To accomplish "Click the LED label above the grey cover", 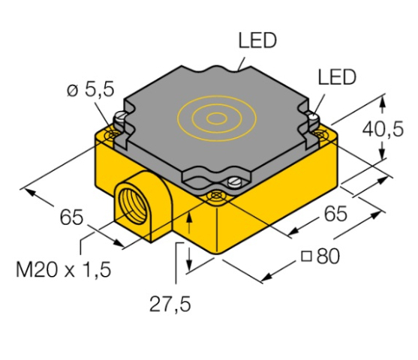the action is tap(257, 40).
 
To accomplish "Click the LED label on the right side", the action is tap(337, 77).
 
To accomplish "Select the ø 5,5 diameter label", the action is tap(90, 89).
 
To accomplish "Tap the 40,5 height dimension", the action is tap(383, 129).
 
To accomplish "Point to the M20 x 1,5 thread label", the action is tap(64, 269).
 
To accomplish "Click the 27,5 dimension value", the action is tap(170, 304).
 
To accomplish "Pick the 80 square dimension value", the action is tap(328, 256).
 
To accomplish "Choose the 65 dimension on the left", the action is tap(71, 217).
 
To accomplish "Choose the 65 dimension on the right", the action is tap(335, 213).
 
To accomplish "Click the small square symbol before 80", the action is tap(306, 256).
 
